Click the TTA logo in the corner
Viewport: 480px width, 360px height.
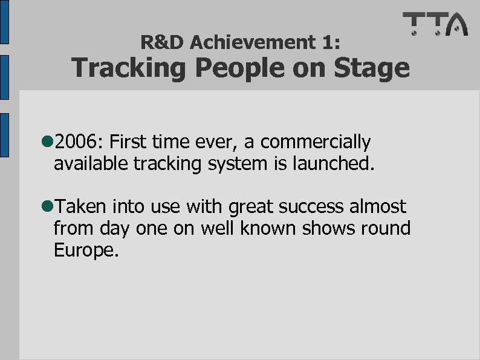(435, 24)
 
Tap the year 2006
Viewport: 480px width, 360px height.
(79, 142)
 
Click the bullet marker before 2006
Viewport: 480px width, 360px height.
(47, 143)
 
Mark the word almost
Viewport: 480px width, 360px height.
(379, 207)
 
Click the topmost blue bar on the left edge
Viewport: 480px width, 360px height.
(4, 22)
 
